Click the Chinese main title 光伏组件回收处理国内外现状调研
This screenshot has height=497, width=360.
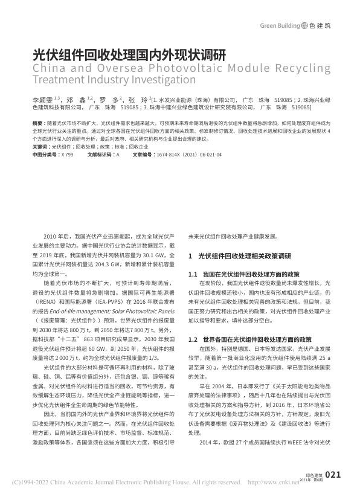128,53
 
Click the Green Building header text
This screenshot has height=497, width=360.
280,26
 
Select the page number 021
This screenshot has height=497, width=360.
333,475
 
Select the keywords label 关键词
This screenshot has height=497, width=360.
41,146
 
